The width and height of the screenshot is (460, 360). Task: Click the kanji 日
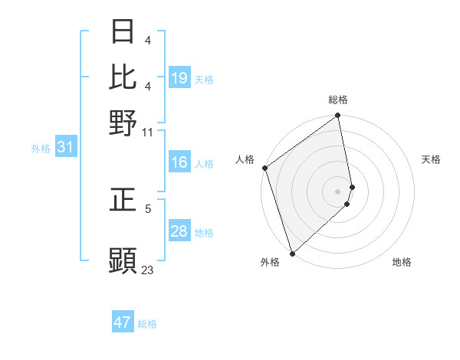tap(123, 32)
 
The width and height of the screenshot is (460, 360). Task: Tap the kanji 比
tap(123, 77)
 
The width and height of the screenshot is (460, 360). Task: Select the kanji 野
tap(123, 122)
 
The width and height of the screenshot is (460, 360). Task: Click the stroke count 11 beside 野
tap(148, 133)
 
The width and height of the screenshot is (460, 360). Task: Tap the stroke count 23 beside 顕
tap(148, 270)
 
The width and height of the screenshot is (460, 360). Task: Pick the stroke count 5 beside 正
tap(148, 208)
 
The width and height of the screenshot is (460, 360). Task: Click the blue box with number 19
tap(179, 78)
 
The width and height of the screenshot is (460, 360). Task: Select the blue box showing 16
tap(179, 162)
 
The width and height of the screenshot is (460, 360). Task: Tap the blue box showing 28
tap(179, 231)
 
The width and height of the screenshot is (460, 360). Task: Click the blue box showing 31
tap(64, 148)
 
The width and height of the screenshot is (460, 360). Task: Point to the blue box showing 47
tap(123, 322)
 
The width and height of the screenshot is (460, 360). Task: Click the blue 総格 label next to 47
tap(148, 324)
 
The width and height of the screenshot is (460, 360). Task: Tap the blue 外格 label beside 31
tap(41, 149)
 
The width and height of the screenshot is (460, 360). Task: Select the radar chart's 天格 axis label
tap(431, 159)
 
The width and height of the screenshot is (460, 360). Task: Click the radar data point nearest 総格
tap(337, 116)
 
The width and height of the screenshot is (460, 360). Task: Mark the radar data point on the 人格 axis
tap(265, 168)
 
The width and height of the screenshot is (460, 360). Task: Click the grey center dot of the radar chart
tap(337, 191)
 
